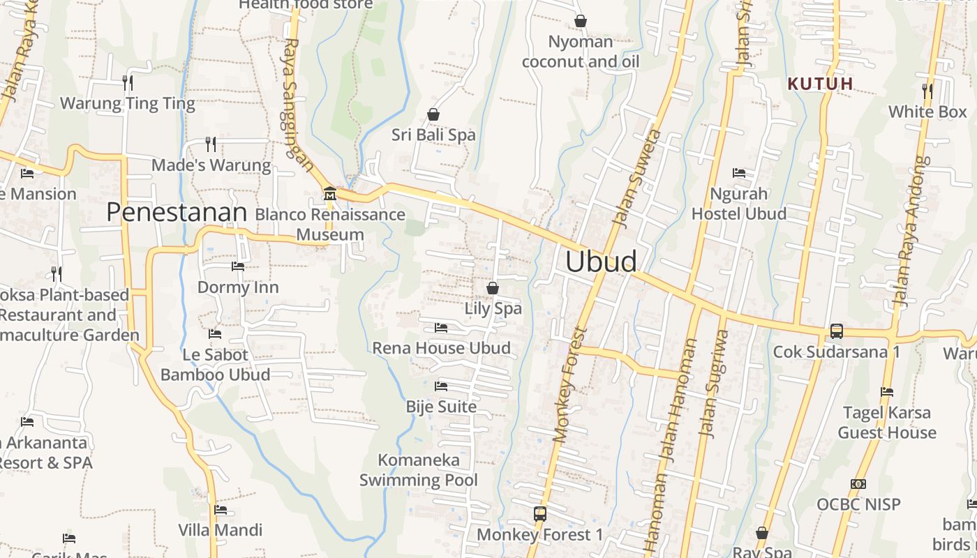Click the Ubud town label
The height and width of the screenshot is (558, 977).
pyautogui.click(x=601, y=262)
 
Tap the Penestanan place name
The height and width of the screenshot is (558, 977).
pyautogui.click(x=177, y=213)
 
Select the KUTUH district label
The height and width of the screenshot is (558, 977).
pyautogui.click(x=820, y=84)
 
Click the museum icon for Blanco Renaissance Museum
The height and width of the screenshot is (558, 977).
pyautogui.click(x=330, y=193)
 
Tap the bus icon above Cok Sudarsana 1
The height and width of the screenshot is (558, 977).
pyautogui.click(x=836, y=331)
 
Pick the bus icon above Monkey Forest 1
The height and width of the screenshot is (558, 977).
pyautogui.click(x=539, y=514)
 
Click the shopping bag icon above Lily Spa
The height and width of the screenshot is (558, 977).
pyautogui.click(x=493, y=287)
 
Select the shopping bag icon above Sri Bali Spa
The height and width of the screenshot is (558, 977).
pyautogui.click(x=433, y=114)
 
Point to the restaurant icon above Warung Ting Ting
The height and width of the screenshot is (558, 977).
pyautogui.click(x=127, y=83)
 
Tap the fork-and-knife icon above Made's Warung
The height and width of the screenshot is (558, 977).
pyautogui.click(x=211, y=144)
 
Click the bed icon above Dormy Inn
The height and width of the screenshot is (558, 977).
pyautogui.click(x=238, y=266)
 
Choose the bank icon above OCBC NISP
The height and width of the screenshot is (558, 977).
pyautogui.click(x=858, y=483)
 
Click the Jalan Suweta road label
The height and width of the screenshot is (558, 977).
pyautogui.click(x=635, y=178)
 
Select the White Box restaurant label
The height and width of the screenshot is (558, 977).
pyautogui.click(x=927, y=112)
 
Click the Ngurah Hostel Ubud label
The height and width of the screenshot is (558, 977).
pyautogui.click(x=738, y=204)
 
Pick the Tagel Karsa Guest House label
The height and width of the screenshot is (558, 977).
pyautogui.click(x=887, y=423)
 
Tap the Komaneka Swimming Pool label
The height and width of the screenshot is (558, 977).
pyautogui.click(x=419, y=470)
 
